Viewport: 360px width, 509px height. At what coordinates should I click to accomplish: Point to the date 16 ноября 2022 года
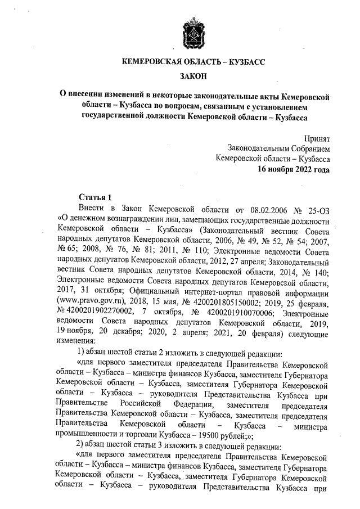(294, 168)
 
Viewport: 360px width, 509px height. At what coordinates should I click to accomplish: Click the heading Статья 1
(94, 197)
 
